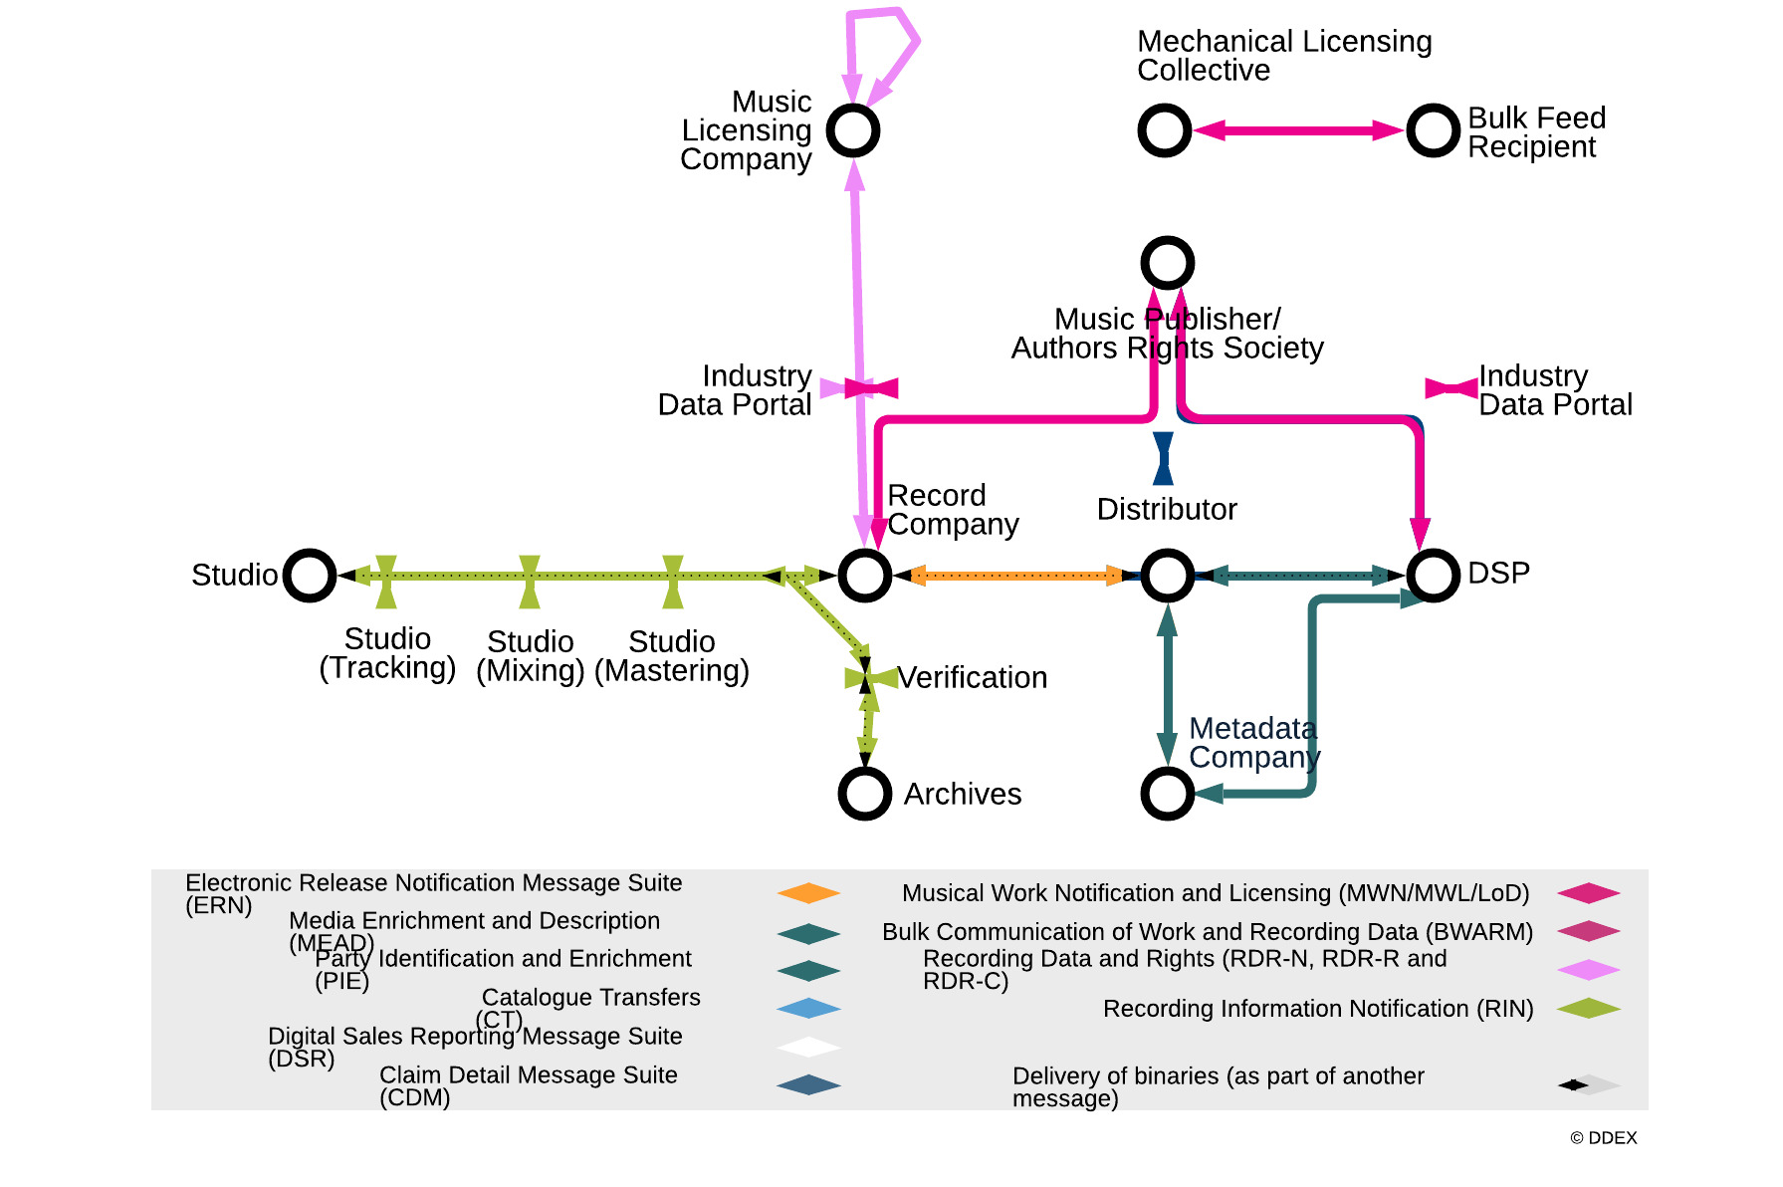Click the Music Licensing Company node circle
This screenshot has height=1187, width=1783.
[x=853, y=130]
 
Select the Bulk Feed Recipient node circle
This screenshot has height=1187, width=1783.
[x=1433, y=130]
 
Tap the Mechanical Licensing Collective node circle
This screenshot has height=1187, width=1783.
[x=1164, y=130]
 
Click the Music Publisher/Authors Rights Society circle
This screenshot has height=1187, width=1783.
[x=1167, y=263]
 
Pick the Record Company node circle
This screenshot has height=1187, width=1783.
[x=864, y=575]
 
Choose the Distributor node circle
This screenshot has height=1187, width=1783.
[x=1167, y=575]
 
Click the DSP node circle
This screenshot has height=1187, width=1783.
[x=1433, y=575]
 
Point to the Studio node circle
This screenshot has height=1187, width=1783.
[x=309, y=575]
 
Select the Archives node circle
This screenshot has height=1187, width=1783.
[x=864, y=794]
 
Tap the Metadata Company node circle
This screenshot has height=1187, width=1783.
[x=1167, y=794]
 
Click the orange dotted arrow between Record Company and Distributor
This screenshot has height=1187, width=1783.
[x=1015, y=575]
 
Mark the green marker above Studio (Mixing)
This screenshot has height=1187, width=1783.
[x=530, y=582]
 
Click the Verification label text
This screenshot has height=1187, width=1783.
[x=972, y=677]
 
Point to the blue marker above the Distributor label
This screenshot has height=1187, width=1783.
[x=1163, y=458]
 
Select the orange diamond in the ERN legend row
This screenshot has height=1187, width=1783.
[x=808, y=893]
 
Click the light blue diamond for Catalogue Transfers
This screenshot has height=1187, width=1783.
[x=808, y=1009]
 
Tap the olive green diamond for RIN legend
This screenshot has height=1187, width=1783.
[x=1588, y=1009]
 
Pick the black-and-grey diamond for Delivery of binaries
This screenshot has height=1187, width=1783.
[x=1588, y=1084]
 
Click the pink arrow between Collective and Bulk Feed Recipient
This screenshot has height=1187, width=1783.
[x=1298, y=130]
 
